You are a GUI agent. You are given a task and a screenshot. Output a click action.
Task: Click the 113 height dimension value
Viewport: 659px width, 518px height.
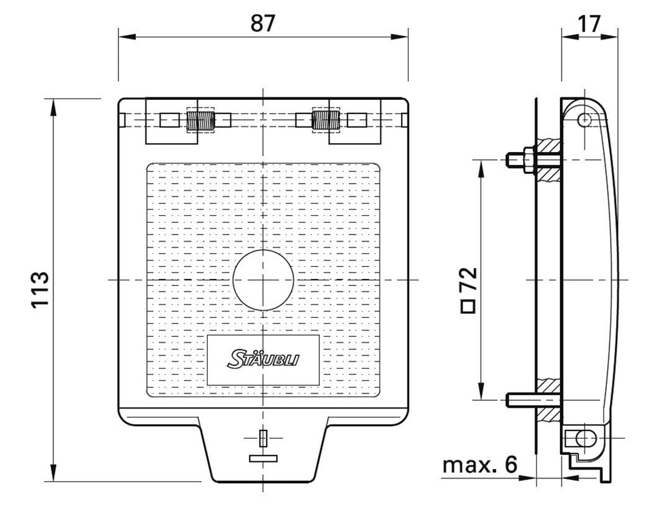pos(40,289)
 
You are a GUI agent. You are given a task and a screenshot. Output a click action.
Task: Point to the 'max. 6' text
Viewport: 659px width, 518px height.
pos(479,465)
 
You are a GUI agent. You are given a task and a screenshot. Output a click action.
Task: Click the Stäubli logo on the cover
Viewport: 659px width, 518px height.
pos(263,359)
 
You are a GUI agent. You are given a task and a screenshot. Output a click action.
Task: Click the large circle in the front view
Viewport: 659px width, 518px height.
pos(263,280)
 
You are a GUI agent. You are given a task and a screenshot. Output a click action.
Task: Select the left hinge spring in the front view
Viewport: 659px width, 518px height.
pos(200,120)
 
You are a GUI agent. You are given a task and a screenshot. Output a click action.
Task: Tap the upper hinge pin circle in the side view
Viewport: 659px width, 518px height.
pos(584,119)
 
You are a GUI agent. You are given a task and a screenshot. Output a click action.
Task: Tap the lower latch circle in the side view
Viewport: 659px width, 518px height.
pos(582,439)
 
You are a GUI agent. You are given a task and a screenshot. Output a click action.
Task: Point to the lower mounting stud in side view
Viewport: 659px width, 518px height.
pos(521,400)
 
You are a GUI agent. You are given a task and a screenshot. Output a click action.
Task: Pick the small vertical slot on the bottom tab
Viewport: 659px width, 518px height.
pos(263,438)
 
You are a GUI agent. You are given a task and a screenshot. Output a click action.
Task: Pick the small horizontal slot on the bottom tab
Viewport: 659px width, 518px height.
pos(263,458)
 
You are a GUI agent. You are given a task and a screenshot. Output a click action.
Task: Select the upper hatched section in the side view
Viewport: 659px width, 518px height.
pos(550,157)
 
